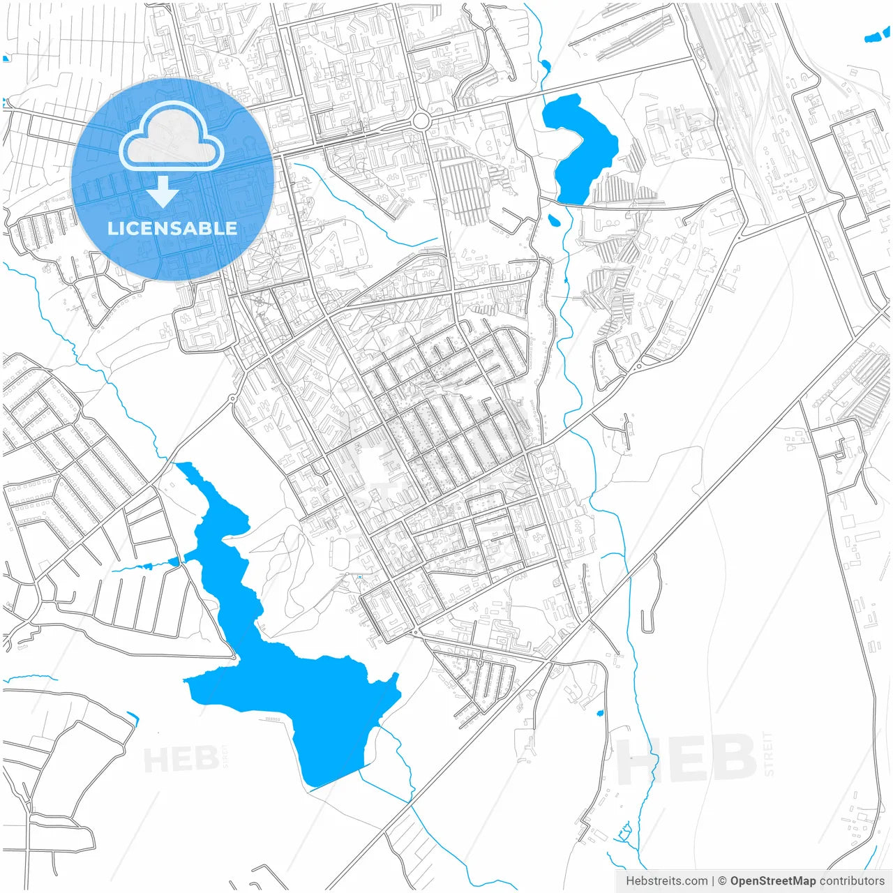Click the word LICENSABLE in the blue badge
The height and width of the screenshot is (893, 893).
point(172,228)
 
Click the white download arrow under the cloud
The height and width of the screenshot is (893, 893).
point(163,191)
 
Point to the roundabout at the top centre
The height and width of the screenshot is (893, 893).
point(420,121)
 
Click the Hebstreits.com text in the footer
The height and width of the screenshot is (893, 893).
point(666,881)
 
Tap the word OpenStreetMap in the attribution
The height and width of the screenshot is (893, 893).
point(773,881)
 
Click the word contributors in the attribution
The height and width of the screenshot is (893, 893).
point(852,881)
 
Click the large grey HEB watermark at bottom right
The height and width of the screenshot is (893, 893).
point(687,759)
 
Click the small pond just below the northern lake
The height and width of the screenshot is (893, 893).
point(554,221)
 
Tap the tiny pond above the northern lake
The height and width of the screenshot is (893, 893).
point(545,66)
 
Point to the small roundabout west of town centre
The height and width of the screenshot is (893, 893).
point(232,399)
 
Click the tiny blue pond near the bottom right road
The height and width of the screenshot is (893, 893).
point(599,713)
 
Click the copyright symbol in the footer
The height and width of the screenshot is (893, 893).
point(722,881)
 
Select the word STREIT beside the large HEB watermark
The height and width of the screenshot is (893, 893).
point(769,753)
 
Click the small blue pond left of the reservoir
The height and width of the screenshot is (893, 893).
point(173,562)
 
